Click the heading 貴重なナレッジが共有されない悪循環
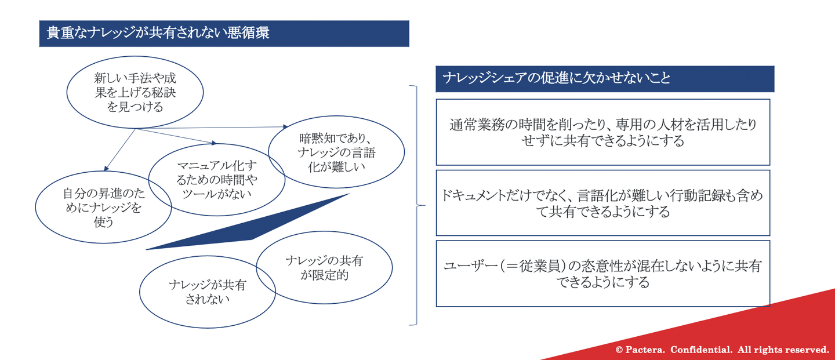(x=158, y=33)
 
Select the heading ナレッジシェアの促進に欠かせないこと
(x=557, y=78)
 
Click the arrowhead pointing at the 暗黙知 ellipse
(x=285, y=127)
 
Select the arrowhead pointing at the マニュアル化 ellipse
(x=214, y=143)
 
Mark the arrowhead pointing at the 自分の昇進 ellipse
(x=106, y=169)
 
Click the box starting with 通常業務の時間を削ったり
(x=603, y=100)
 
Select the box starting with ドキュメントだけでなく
(x=603, y=170)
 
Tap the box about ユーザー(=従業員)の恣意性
(x=603, y=241)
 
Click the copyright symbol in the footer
(x=619, y=350)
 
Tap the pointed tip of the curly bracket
(x=424, y=205)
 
